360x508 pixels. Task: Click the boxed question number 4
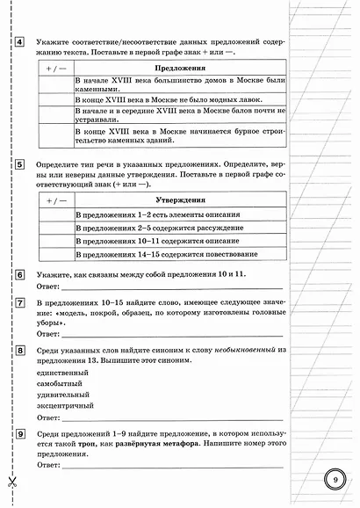(x=19, y=43)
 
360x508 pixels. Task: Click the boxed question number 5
(x=19, y=164)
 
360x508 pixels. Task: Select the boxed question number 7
(x=19, y=303)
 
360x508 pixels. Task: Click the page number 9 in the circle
(x=334, y=480)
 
